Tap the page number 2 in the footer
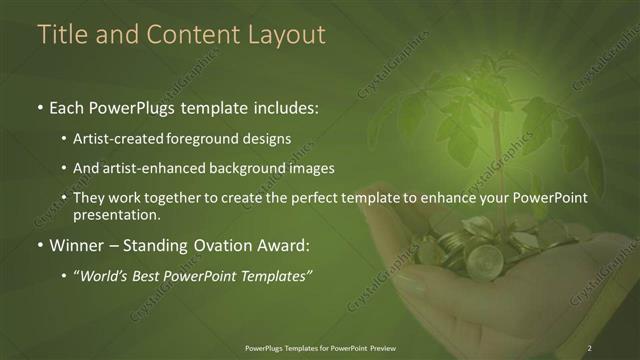590,347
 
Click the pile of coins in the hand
480,250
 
